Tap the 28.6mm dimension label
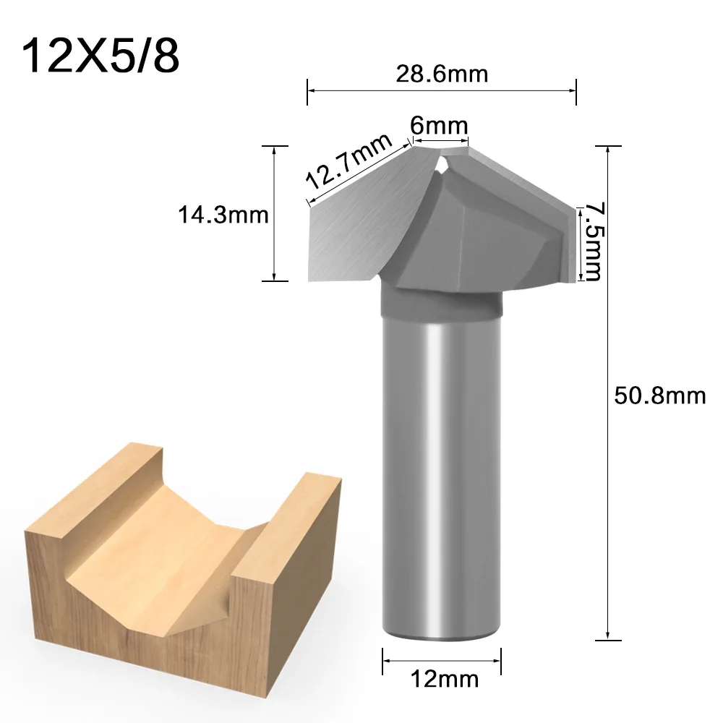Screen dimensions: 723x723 pos(442,73)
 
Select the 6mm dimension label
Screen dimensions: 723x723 pos(439,124)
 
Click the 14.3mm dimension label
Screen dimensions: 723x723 pos(223,215)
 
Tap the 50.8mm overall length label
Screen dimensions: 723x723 pos(659,395)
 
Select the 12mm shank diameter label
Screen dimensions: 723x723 pos(443,679)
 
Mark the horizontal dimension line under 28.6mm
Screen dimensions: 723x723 pos(442,90)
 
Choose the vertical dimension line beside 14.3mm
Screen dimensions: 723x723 pos(274,213)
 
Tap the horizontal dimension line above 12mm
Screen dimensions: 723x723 pos(442,659)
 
